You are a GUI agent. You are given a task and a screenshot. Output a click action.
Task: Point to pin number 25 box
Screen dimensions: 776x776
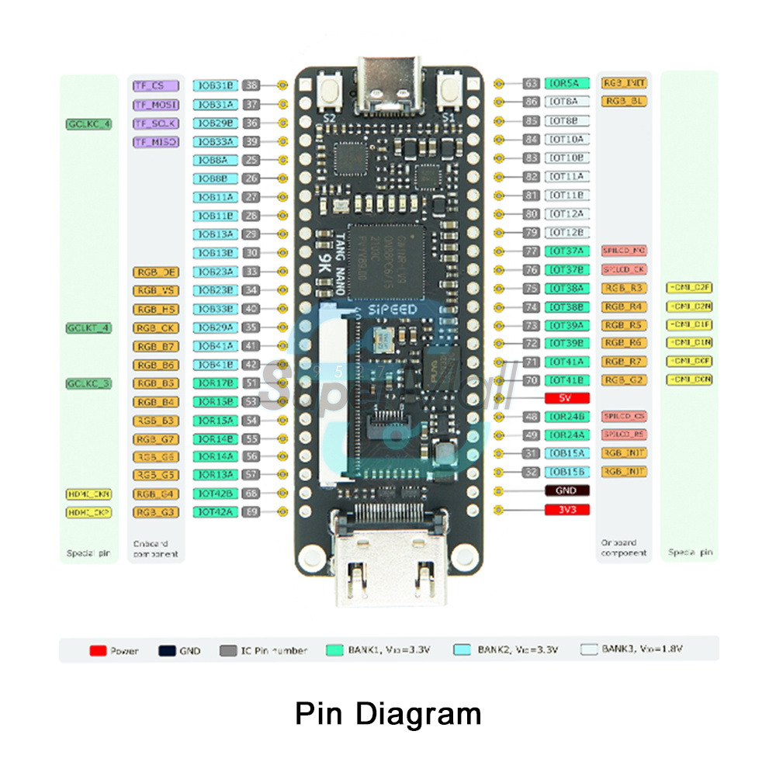point(251,160)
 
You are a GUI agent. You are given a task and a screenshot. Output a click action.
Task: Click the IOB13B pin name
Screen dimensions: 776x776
point(213,253)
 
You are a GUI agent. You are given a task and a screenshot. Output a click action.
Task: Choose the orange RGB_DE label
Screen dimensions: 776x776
point(156,272)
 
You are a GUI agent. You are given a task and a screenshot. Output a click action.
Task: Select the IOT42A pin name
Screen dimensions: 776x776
point(213,512)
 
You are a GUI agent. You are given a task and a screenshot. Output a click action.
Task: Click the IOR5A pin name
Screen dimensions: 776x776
point(567,83)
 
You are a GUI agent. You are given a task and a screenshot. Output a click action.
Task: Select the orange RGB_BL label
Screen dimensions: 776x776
point(625,102)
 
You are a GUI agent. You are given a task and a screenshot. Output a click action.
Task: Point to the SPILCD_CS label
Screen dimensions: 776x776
point(625,417)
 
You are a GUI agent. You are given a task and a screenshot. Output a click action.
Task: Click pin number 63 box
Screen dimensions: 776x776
point(532,83)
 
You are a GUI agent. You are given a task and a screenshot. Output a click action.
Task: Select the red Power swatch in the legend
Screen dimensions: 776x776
point(98,650)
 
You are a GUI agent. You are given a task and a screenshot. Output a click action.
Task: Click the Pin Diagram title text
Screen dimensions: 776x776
point(388,713)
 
